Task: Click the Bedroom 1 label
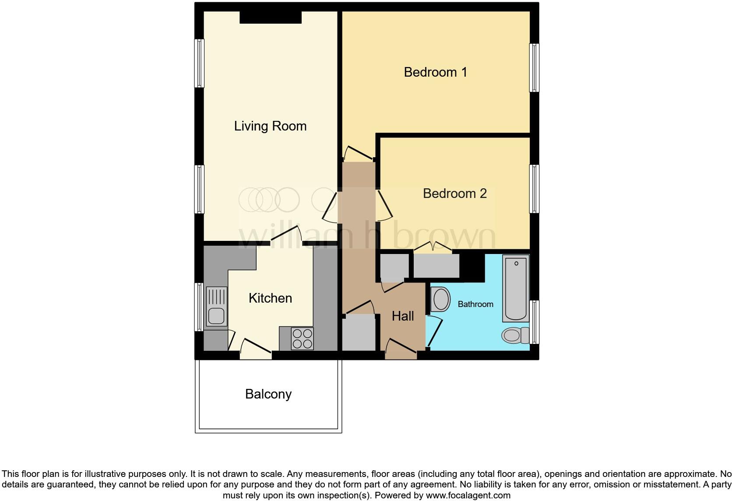(x=435, y=72)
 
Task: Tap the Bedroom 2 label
(x=454, y=193)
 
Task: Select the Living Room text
(x=270, y=126)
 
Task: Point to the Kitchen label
(x=270, y=298)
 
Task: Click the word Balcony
(x=268, y=394)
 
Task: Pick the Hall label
(x=402, y=316)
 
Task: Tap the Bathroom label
(x=475, y=304)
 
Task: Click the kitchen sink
(x=216, y=307)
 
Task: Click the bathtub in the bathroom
(x=516, y=289)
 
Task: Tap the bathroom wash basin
(x=440, y=300)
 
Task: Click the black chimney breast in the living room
(x=271, y=17)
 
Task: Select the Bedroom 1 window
(x=534, y=68)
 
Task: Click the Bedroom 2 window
(x=534, y=189)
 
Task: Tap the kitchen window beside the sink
(x=199, y=307)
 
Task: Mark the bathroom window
(x=534, y=322)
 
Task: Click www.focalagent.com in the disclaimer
(x=468, y=495)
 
